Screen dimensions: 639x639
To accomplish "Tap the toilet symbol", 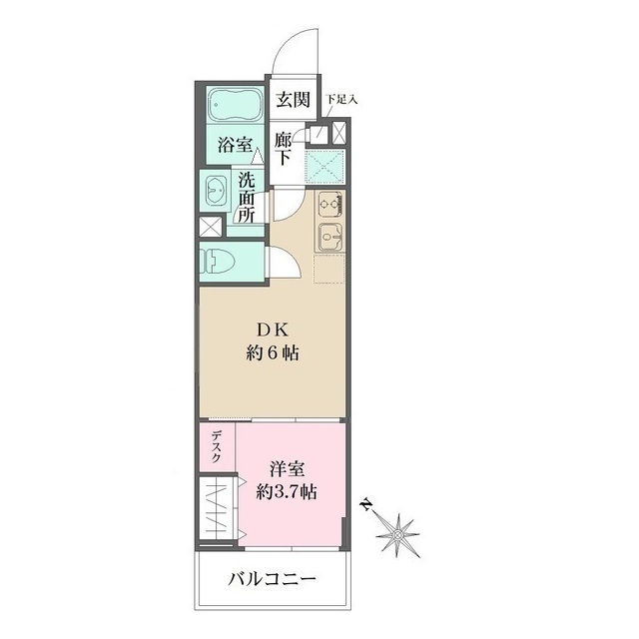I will coord(221,262).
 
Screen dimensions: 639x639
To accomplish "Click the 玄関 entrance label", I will coord(293,100).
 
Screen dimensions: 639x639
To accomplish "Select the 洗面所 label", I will coord(247,198).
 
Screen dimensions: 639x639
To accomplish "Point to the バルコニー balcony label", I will coord(272,578).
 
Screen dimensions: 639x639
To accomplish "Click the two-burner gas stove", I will coord(331,204).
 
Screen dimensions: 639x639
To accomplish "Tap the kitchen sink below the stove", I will coord(330,239).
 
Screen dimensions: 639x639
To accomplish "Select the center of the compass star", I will coord(398,535).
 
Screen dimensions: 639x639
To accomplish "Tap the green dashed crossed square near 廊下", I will coord(324,164).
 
